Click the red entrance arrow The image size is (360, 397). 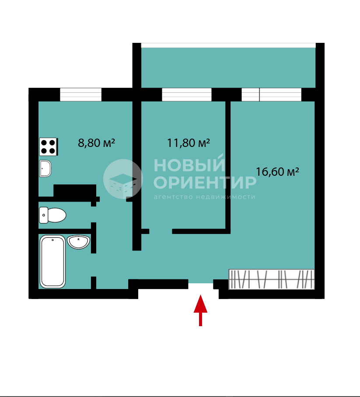[200, 310]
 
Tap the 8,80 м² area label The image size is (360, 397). [96, 143]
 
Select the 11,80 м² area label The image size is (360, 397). [189, 143]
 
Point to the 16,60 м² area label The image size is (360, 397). [277, 172]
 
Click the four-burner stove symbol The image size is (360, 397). [49, 146]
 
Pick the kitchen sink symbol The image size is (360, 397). [45, 168]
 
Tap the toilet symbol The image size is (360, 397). [52, 215]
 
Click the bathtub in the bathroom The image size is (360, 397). [52, 261]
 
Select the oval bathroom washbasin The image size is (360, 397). [79, 242]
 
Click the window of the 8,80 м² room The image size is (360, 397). [80, 94]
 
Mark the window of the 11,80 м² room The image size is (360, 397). [187, 94]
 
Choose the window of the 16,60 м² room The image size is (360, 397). [271, 94]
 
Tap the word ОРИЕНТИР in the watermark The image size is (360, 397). [205, 182]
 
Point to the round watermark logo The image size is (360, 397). [123, 179]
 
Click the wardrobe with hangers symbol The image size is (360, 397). [272, 279]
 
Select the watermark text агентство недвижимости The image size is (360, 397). [204, 197]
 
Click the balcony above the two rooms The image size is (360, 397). [228, 67]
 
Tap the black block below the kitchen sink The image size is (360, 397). [75, 191]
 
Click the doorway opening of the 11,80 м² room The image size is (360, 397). [161, 231]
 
